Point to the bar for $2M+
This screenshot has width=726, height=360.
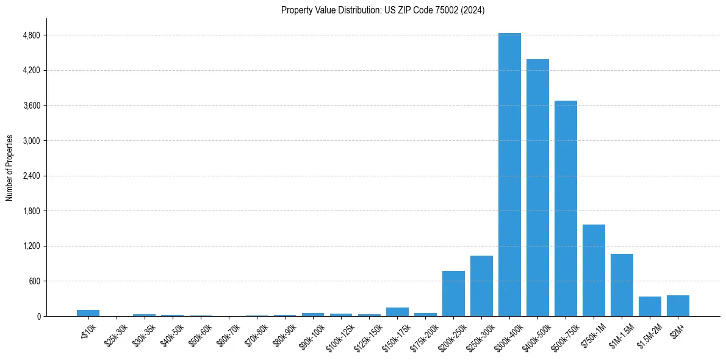[678, 306]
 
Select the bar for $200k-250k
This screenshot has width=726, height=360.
[453, 293]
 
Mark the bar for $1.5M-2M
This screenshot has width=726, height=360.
[650, 306]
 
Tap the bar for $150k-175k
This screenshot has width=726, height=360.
[397, 312]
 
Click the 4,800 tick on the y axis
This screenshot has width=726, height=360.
[31, 35]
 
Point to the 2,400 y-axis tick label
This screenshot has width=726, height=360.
[31, 176]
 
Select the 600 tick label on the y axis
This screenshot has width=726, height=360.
[34, 281]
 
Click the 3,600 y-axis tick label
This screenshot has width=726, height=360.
[31, 106]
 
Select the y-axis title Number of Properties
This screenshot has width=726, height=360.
[10, 167]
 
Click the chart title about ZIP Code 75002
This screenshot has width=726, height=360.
[383, 10]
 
